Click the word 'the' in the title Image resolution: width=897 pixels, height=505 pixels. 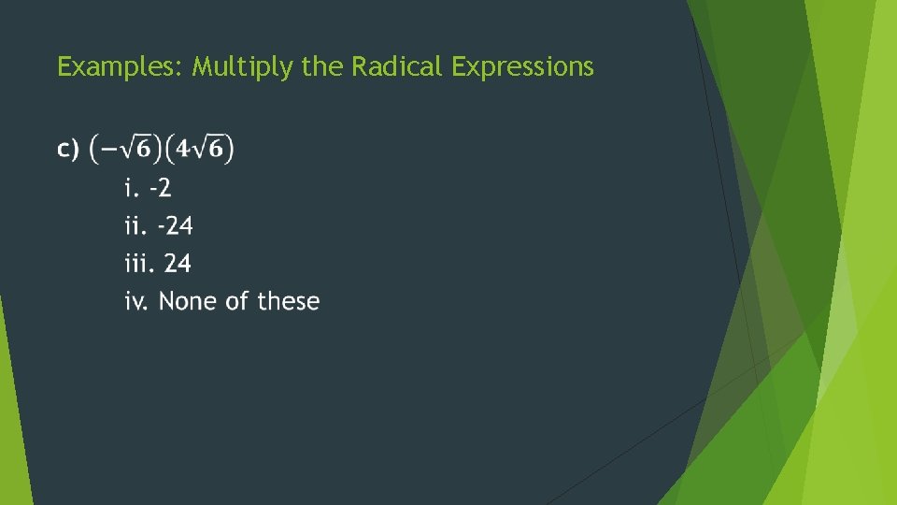click(x=322, y=67)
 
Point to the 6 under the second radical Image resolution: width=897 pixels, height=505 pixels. click(x=215, y=151)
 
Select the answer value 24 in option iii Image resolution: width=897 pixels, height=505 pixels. click(x=178, y=265)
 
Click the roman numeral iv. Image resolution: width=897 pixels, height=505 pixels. click(x=137, y=302)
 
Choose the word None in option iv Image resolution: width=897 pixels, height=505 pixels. click(x=190, y=302)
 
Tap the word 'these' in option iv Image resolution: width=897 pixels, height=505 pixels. click(x=289, y=302)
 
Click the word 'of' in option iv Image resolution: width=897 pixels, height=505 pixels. click(x=239, y=302)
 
